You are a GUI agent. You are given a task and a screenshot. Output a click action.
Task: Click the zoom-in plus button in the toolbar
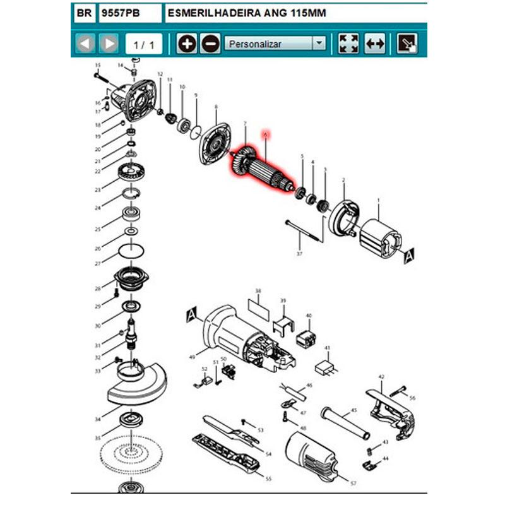tap(186, 44)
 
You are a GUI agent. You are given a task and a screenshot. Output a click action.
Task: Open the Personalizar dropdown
tap(275, 44)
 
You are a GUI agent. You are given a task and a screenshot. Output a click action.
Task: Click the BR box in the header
tap(83, 12)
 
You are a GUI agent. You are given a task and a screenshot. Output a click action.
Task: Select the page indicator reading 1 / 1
tap(143, 44)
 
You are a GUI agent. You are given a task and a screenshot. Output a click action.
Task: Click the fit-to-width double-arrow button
tap(375, 44)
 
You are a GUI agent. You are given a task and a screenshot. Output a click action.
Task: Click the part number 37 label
tap(300, 253)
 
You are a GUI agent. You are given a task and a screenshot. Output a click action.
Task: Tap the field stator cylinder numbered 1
tap(380, 239)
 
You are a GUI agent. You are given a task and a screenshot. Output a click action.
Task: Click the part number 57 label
tap(353, 483)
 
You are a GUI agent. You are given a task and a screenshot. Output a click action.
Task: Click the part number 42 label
tap(381, 377)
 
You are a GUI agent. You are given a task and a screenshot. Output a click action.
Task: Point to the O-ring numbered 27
tap(130, 251)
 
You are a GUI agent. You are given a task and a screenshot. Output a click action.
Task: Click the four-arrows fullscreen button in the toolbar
tap(348, 44)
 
